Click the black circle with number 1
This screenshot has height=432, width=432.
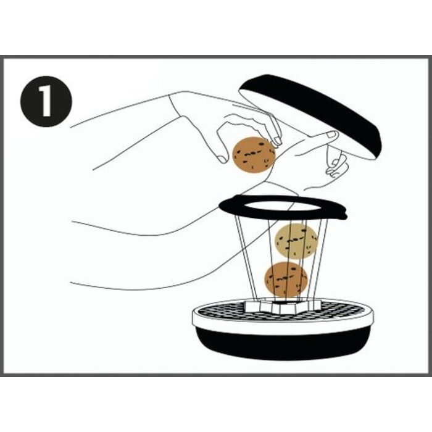point(46,101)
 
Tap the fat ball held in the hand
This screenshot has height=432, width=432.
point(254,155)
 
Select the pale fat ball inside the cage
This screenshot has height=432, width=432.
point(296,241)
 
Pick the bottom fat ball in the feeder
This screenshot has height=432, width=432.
point(286,280)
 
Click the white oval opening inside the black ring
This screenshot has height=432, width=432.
point(281,207)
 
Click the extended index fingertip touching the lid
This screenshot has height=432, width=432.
point(332,135)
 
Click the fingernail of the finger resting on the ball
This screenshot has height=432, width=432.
point(278,141)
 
